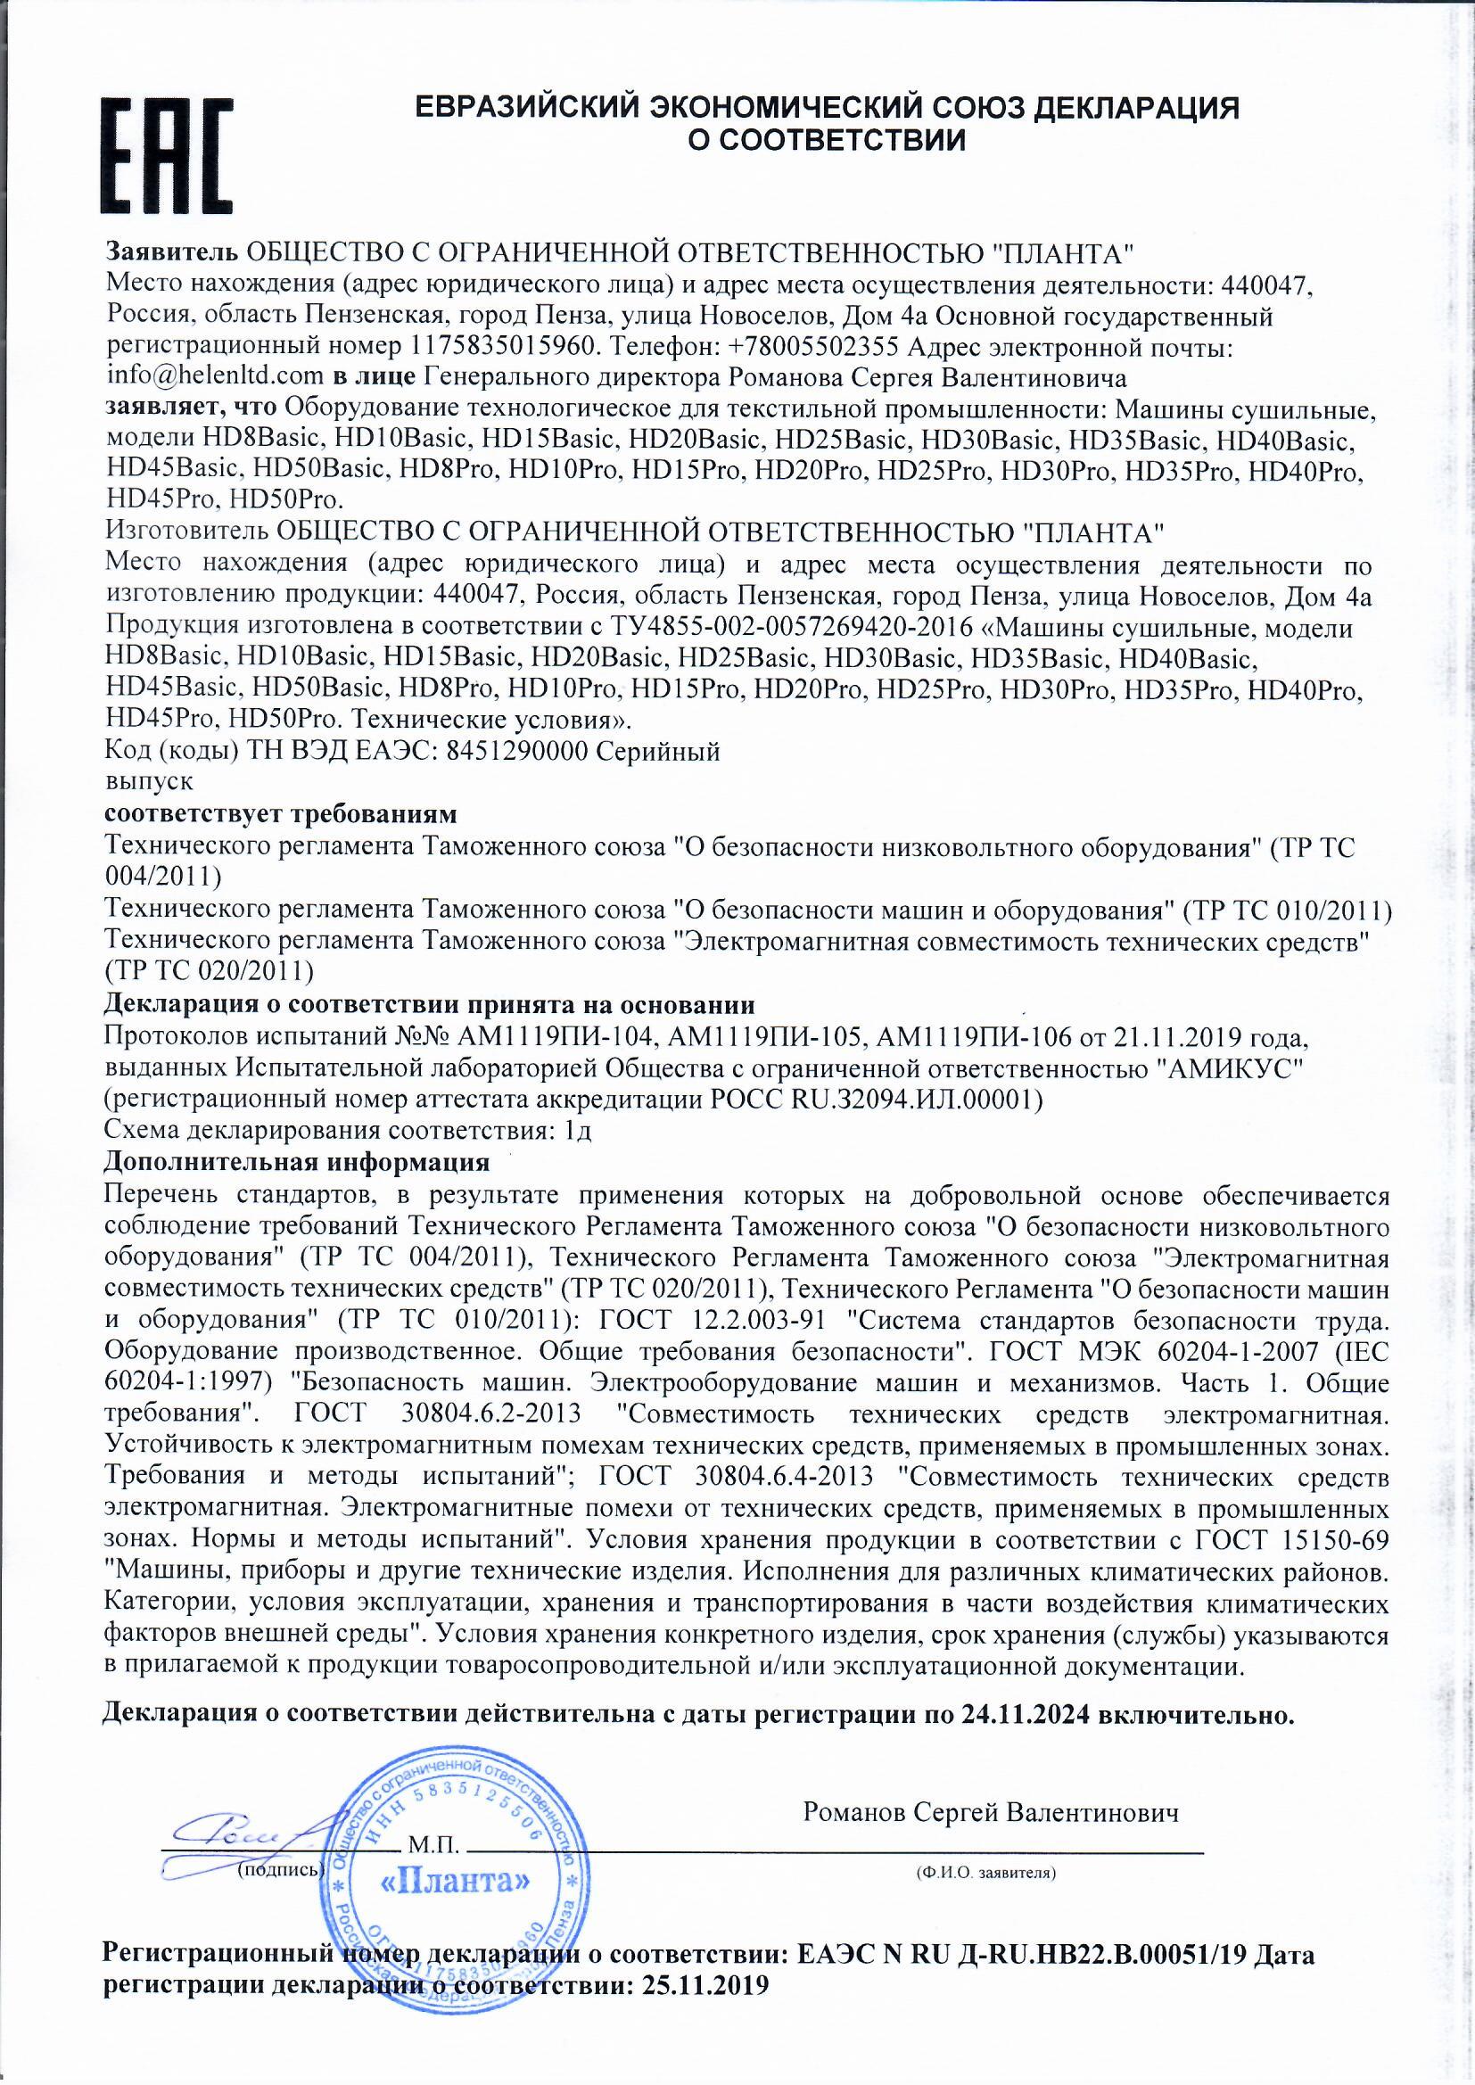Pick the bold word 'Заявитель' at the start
[x=173, y=251]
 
